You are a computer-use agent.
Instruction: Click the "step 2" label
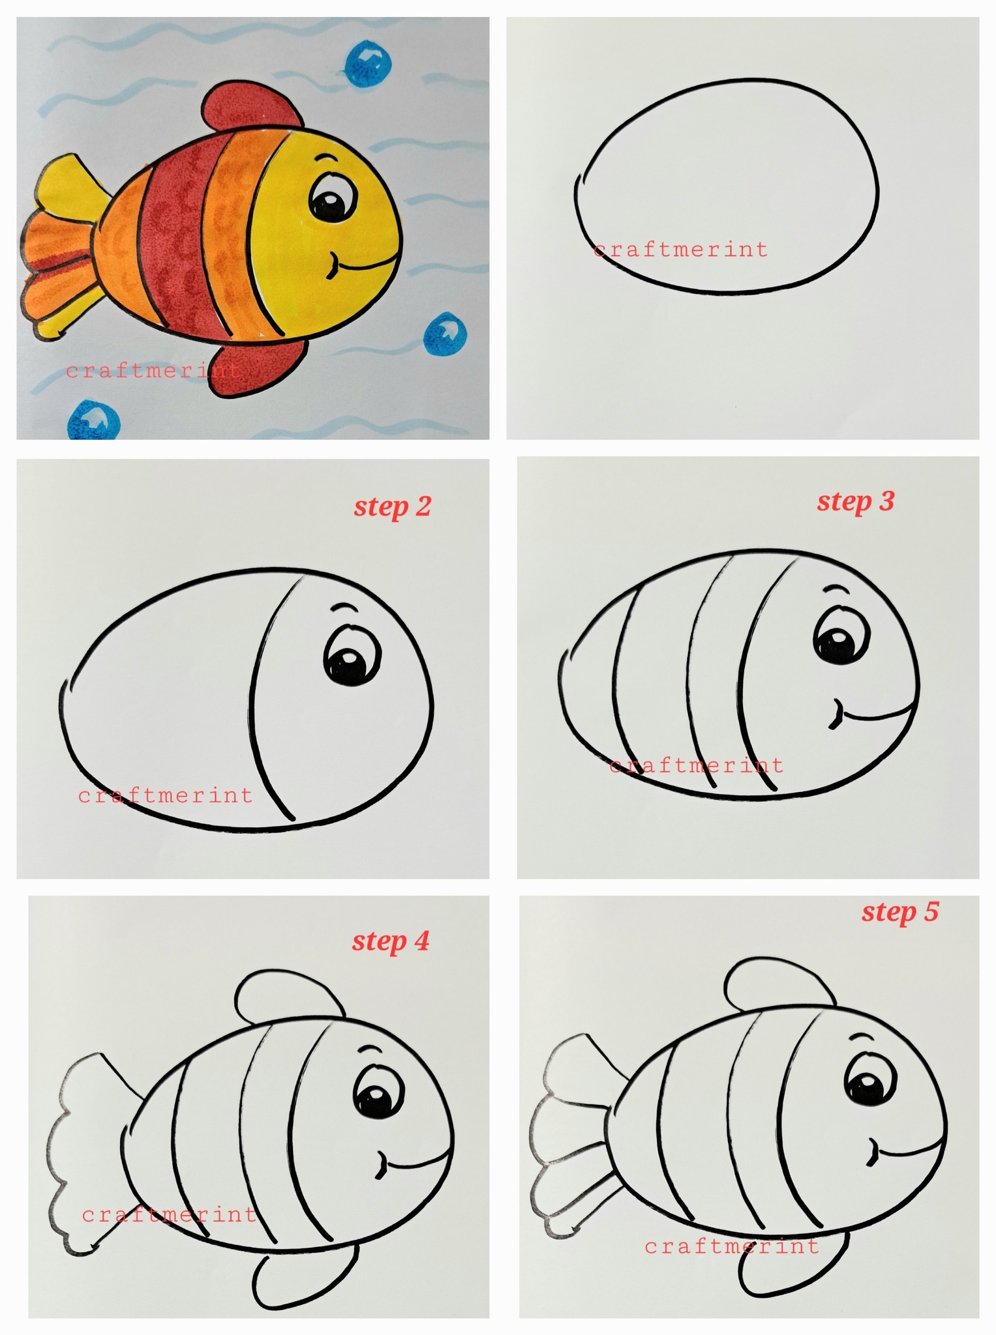[393, 506]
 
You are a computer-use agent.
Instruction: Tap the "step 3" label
[855, 501]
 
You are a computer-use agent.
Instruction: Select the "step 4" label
[391, 941]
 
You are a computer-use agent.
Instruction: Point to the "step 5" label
[900, 912]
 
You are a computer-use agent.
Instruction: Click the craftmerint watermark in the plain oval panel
[681, 250]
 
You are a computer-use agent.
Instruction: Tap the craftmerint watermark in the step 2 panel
[165, 795]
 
